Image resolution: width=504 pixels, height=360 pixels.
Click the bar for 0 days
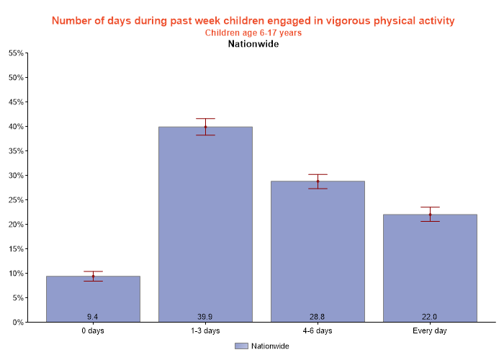(x=93, y=299)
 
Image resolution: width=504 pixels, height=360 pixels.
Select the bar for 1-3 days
(x=205, y=224)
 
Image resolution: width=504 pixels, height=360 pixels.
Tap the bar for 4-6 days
(x=318, y=251)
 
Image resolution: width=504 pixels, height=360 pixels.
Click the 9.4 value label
(x=93, y=317)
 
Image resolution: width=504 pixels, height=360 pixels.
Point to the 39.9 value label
(x=205, y=317)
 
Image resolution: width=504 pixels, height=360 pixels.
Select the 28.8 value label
(x=318, y=317)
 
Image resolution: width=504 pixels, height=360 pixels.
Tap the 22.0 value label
(x=430, y=317)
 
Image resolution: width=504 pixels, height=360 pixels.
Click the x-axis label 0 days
(x=93, y=330)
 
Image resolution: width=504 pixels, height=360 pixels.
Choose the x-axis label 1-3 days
(x=205, y=330)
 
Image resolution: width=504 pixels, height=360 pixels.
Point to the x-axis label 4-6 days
(x=318, y=330)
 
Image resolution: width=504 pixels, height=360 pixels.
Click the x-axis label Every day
(x=430, y=330)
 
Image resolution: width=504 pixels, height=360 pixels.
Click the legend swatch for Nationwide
(x=241, y=346)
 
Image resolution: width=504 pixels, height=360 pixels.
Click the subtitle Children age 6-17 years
(x=253, y=32)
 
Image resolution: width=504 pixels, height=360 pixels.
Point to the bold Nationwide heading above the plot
(x=253, y=44)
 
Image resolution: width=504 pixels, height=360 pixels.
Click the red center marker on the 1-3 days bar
(x=205, y=127)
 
